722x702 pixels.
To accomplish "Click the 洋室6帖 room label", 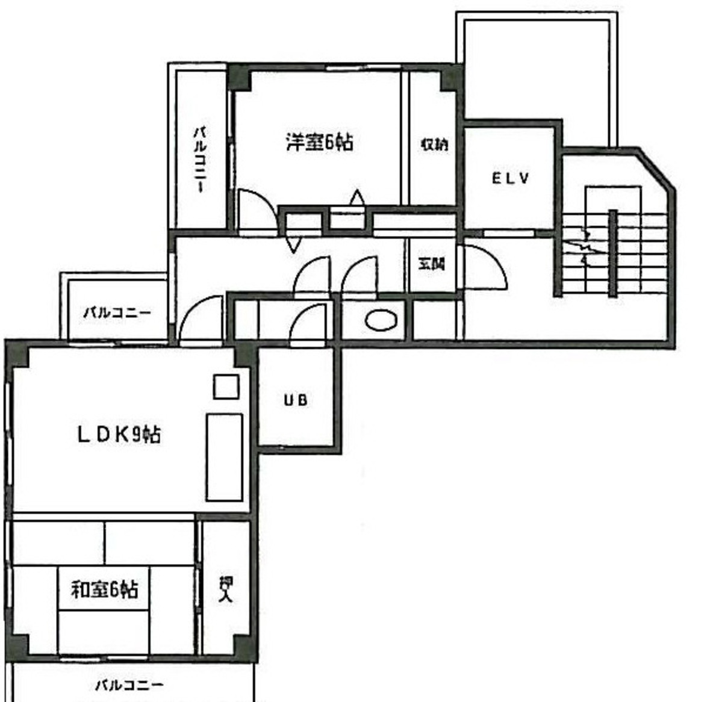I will [x=319, y=143].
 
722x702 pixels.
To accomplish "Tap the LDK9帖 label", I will [x=119, y=434].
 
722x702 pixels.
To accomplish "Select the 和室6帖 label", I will [x=104, y=589].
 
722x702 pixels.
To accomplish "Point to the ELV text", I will [x=510, y=178].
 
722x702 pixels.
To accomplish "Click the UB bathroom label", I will [x=296, y=400].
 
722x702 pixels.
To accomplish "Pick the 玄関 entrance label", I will [x=431, y=264].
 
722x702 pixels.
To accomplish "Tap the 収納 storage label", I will [x=434, y=144].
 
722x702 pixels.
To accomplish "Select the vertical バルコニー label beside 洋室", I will [x=200, y=160].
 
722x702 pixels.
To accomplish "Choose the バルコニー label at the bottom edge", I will [x=129, y=685].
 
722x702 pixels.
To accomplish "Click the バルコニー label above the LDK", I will [x=117, y=313].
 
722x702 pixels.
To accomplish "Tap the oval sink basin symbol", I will [x=381, y=320].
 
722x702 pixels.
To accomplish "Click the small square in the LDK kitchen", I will [x=226, y=387].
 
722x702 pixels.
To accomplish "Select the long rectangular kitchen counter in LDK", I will [x=225, y=457].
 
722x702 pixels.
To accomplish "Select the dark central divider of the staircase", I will [x=612, y=253].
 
